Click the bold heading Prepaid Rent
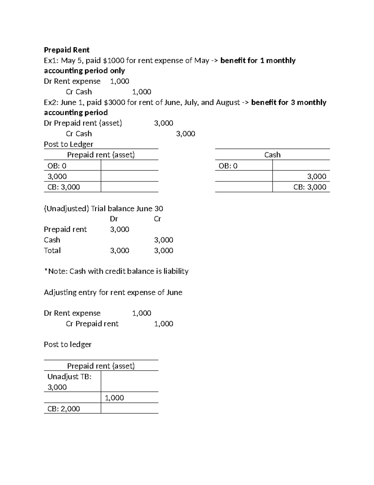(x=66, y=50)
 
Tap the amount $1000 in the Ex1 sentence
(x=114, y=61)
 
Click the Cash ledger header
(x=272, y=155)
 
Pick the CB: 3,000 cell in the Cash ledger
(x=309, y=187)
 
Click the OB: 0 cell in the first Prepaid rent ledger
(x=57, y=166)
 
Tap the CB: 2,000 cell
(x=64, y=408)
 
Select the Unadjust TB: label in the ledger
(x=69, y=377)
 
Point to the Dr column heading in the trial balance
(x=114, y=219)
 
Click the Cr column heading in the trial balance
(x=157, y=219)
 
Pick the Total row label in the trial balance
(x=52, y=250)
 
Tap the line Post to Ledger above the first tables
(x=69, y=144)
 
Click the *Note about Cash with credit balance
(x=116, y=271)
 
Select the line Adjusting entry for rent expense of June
(x=113, y=292)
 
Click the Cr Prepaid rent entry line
(x=92, y=324)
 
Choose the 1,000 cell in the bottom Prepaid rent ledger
(x=114, y=398)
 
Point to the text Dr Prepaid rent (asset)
(x=83, y=123)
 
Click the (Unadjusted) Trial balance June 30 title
(x=103, y=209)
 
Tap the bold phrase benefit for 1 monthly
(x=258, y=61)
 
